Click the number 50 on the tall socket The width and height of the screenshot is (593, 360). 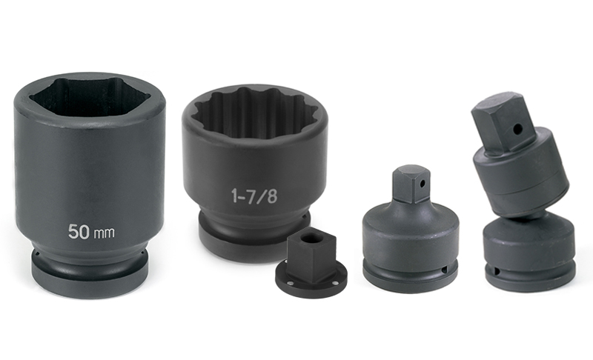79,231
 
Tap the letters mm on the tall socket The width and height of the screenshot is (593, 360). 104,233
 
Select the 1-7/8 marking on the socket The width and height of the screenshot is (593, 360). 254,196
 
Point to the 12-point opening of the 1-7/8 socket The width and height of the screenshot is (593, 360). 254,113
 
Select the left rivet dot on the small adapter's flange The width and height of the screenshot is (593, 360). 289,283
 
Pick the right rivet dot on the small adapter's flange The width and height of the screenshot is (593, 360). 334,284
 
